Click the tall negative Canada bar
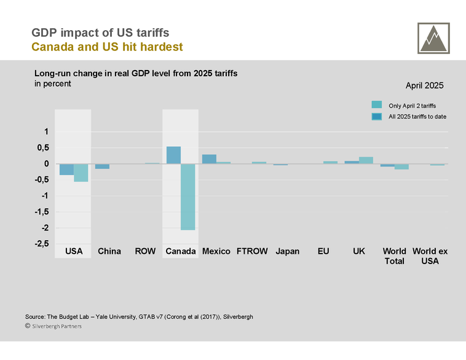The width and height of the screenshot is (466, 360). click(x=188, y=197)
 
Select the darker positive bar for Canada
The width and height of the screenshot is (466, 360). click(x=173, y=155)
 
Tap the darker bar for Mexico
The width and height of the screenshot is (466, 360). click(x=209, y=159)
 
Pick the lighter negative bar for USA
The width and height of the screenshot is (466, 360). click(x=81, y=173)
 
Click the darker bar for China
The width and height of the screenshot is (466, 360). click(x=102, y=166)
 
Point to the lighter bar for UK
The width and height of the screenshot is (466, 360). click(x=366, y=160)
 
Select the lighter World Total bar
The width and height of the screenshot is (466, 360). click(x=401, y=166)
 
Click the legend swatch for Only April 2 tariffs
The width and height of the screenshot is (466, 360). click(x=377, y=105)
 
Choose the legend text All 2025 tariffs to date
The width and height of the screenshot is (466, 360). click(x=417, y=117)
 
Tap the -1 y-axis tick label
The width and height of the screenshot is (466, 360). click(x=43, y=196)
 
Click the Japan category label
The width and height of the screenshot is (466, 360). click(x=287, y=251)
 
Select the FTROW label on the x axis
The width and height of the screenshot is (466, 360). click(x=252, y=251)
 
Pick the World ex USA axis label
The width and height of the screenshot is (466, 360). click(x=429, y=256)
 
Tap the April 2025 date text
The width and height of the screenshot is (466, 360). click(x=424, y=86)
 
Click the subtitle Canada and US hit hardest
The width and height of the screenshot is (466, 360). click(x=107, y=47)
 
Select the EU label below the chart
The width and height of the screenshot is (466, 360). click(x=323, y=251)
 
